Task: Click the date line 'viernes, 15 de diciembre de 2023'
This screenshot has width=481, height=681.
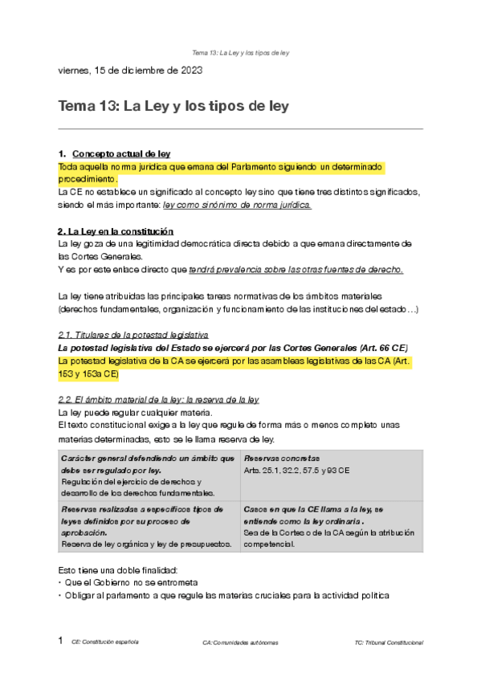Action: (130, 70)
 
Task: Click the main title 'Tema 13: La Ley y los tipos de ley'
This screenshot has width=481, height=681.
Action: (173, 106)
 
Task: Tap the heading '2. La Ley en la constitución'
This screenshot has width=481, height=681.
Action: (116, 231)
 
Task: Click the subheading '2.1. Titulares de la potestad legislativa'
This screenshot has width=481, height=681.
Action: (133, 333)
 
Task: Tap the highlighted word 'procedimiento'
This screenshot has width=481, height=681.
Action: (87, 179)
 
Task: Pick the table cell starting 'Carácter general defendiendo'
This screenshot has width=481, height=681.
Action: (149, 475)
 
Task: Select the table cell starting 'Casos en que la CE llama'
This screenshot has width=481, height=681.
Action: (331, 526)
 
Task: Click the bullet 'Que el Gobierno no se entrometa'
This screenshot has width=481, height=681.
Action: (131, 581)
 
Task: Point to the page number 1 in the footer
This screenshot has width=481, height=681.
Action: (60, 642)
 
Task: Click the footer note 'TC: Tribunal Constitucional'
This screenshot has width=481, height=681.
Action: (388, 643)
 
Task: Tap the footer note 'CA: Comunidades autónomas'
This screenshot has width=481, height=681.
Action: (240, 643)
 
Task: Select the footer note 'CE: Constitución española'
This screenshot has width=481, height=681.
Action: (104, 642)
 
